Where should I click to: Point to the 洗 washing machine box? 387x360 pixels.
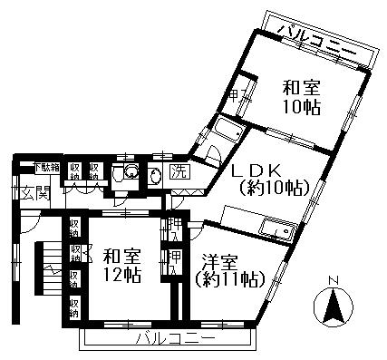tap(179, 172)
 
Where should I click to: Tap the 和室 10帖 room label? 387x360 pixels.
tap(301, 98)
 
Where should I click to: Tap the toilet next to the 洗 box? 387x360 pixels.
tap(155, 174)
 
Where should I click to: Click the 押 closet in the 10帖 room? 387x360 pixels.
tap(234, 97)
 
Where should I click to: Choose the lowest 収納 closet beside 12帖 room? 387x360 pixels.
tap(75, 305)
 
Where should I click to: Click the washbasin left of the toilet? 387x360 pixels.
tap(131, 172)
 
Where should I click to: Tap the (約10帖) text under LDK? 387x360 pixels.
tap(275, 189)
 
